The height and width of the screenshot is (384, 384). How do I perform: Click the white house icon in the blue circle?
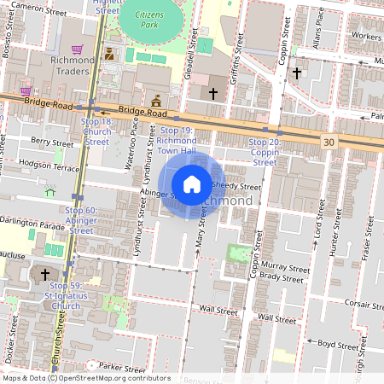[x=192, y=183]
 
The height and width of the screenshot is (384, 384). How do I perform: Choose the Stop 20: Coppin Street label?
[x=265, y=151]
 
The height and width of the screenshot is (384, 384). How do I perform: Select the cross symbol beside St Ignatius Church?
[x=45, y=275]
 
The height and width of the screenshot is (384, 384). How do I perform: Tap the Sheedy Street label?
[x=235, y=186]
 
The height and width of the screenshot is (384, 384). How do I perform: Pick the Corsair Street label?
[x=352, y=302]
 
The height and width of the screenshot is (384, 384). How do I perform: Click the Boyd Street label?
[x=337, y=345]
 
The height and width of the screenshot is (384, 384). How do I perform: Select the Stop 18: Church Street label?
[x=96, y=131]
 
